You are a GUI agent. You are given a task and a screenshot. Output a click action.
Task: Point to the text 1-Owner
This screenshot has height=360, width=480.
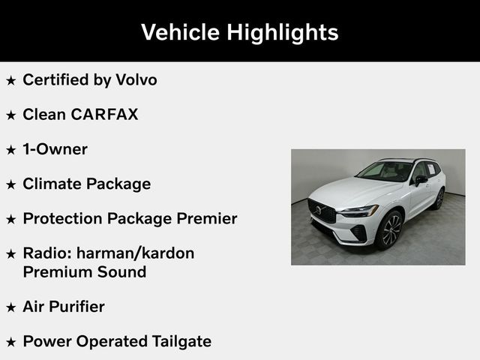click(55, 149)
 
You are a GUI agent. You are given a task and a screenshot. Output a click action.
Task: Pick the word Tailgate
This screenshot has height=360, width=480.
click(179, 341)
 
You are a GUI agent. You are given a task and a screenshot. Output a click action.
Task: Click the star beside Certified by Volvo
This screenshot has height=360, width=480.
click(10, 80)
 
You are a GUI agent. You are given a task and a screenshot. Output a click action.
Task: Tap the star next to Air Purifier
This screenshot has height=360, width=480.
click(10, 307)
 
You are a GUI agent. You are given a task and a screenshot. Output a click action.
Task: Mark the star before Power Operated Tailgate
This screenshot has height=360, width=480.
click(10, 342)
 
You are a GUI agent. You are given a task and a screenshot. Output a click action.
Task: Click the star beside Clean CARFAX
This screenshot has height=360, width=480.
click(10, 115)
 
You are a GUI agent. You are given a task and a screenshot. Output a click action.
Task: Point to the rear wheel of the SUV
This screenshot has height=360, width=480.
click(439, 199)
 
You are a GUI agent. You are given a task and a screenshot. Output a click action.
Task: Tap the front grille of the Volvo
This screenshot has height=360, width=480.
click(322, 211)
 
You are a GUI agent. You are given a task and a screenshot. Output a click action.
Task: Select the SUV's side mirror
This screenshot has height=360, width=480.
click(421, 180)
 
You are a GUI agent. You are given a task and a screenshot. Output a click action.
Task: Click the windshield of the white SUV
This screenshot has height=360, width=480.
click(384, 172)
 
